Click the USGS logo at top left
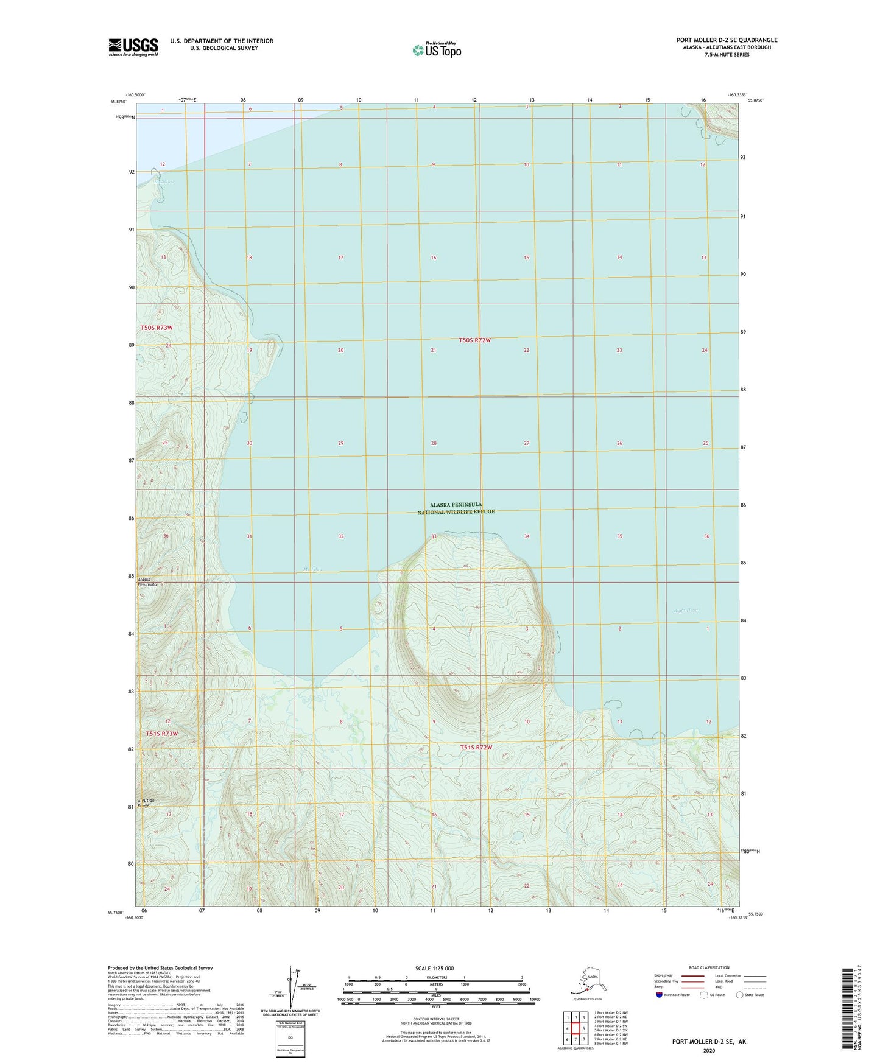click(x=133, y=47)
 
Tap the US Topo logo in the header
click(x=436, y=49)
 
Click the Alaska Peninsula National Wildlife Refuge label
click(x=456, y=508)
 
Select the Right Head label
click(x=686, y=610)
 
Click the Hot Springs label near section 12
click(x=163, y=181)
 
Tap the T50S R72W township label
click(x=474, y=340)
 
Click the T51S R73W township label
click(x=162, y=734)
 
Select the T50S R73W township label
click(x=157, y=328)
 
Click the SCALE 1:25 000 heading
click(x=434, y=969)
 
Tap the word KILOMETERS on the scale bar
click(x=435, y=978)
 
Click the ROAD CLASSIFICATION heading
click(x=709, y=967)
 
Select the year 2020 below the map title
click(x=709, y=1051)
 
